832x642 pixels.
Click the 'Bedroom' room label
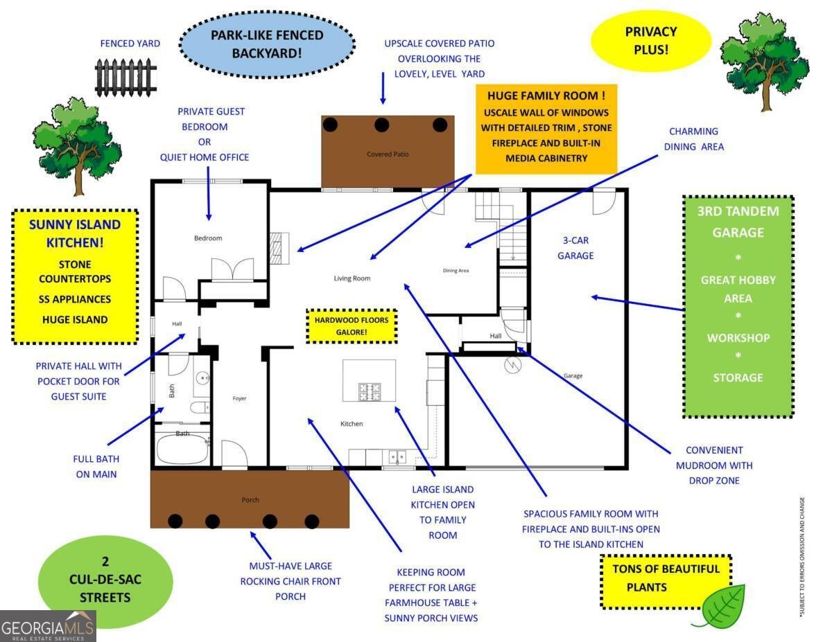point(208,238)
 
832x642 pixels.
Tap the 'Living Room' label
point(352,278)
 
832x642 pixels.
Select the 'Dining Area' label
point(456,271)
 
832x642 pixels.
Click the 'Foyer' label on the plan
point(239,398)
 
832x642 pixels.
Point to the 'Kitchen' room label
point(352,424)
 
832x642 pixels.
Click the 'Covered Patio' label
point(388,154)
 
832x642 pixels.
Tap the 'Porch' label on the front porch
point(250,500)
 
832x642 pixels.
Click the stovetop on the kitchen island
point(370,392)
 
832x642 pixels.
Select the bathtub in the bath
point(182,449)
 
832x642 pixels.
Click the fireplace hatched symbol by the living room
point(279,248)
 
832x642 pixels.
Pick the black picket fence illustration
point(125,78)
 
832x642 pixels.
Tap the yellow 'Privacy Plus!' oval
point(651,41)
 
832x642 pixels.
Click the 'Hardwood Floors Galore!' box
point(352,326)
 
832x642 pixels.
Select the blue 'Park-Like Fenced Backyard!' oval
point(267,44)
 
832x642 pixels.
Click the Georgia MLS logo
point(48,626)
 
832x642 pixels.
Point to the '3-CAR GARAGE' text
point(575,248)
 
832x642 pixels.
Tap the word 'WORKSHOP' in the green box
point(738,338)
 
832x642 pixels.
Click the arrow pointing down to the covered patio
point(383,88)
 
